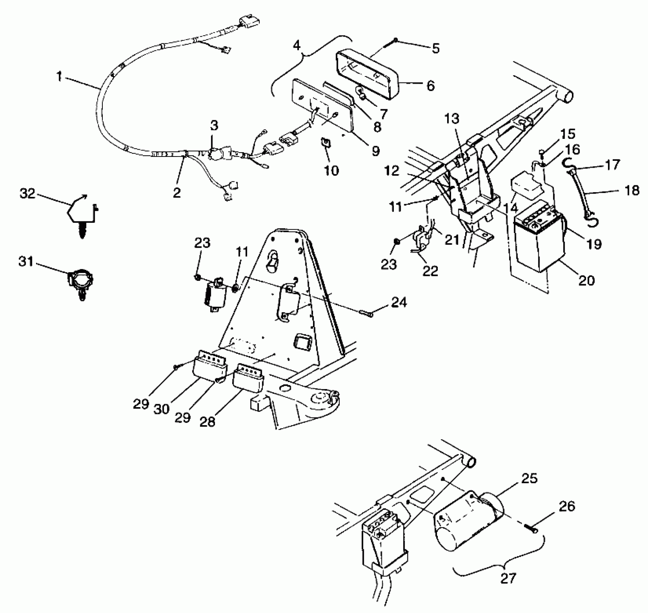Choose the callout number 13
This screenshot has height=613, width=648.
tap(452, 118)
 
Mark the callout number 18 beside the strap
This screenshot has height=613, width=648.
tap(631, 190)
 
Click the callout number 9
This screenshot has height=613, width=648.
tap(375, 151)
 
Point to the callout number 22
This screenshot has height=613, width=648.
tap(431, 270)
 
